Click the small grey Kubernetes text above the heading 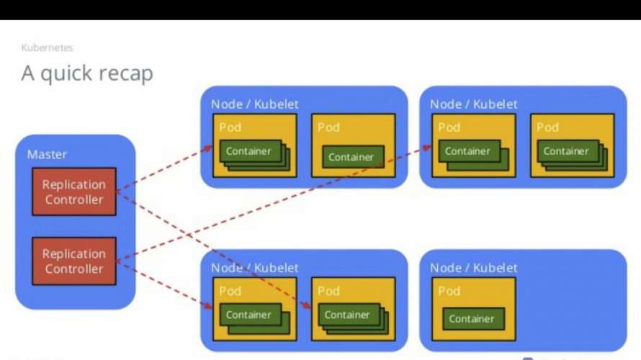point(47,48)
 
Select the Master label point(47,155)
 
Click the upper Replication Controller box point(74,192)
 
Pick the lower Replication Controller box point(74,261)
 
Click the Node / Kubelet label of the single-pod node point(473,268)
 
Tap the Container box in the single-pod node point(473,319)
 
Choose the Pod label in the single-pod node point(449,291)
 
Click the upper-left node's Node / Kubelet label point(255,104)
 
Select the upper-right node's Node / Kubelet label point(473,104)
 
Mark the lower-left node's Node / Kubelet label point(255,268)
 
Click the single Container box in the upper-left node point(353,157)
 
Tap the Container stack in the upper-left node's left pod point(255,156)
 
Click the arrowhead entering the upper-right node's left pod point(428,148)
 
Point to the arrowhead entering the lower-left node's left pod point(208,306)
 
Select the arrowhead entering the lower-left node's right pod point(307,305)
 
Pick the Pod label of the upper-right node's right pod point(547,127)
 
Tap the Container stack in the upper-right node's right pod point(573,156)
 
